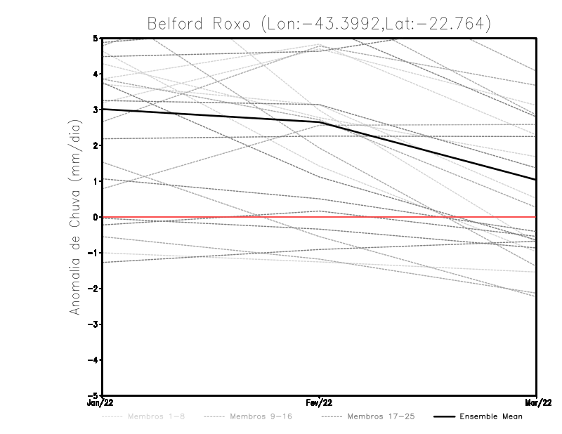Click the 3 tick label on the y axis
tap(94, 110)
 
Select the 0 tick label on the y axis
tap(94, 217)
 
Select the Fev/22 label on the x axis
tap(319, 403)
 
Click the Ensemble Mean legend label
tap(490, 417)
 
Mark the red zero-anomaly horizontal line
tap(211, 217)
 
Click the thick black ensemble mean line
tap(211, 115)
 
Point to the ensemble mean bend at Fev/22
tap(320, 122)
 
